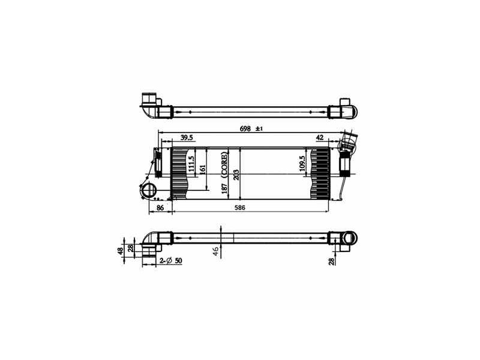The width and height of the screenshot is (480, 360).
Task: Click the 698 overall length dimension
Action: [245, 128]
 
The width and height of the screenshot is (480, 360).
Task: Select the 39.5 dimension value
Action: [187, 137]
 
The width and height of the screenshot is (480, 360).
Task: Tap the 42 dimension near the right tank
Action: [320, 137]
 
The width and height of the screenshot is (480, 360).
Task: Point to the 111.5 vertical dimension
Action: [191, 164]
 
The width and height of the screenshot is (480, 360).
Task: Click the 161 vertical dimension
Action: [203, 169]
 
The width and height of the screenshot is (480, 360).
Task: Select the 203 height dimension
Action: [236, 175]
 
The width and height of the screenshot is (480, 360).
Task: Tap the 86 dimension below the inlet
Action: [160, 208]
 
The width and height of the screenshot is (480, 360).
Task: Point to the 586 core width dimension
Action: [239, 208]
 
